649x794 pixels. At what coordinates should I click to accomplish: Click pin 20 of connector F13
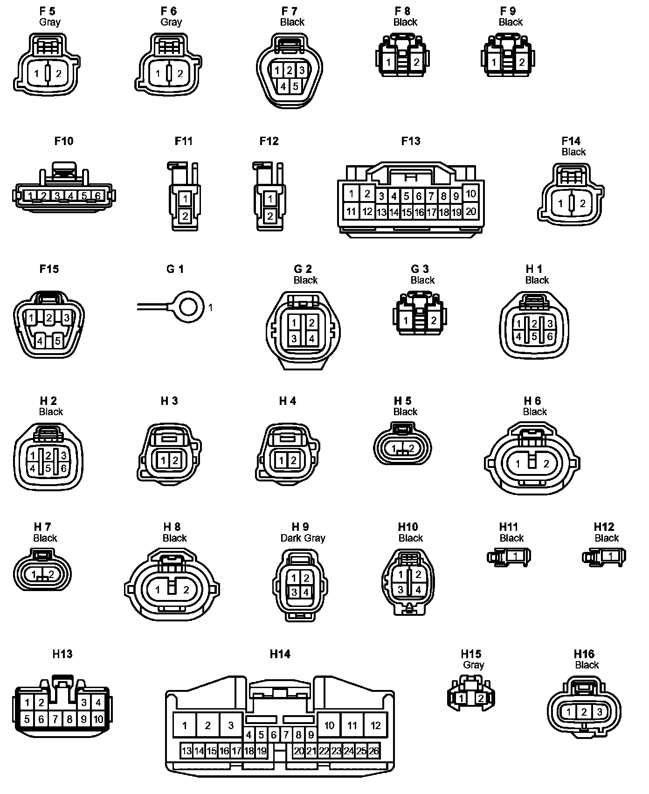coord(471,211)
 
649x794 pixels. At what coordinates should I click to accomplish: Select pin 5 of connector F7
coord(295,87)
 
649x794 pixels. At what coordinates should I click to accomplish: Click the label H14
coord(280,654)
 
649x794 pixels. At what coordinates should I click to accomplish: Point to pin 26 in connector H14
coord(374,751)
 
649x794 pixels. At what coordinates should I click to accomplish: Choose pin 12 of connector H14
coord(376,725)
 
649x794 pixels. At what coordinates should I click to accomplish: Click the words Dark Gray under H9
coord(303,538)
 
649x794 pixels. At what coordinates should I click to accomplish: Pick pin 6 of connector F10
coord(98,196)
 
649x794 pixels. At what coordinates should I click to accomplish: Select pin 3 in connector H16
coord(600,712)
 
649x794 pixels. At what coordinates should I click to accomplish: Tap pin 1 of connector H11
coord(516,556)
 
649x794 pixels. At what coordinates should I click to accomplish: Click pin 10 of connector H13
coord(98,719)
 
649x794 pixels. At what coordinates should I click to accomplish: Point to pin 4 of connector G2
coord(311,339)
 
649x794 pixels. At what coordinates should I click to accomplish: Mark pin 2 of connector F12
coord(270,216)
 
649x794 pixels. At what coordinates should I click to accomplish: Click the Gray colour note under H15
coord(474,665)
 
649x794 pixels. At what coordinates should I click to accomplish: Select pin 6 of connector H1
coord(550,336)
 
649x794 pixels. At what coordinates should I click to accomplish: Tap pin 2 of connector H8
coord(186,590)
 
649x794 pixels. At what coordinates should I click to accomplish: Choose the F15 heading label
coord(49,269)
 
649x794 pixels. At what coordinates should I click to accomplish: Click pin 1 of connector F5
coord(36,74)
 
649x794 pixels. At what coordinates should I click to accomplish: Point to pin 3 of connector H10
coord(400,590)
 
